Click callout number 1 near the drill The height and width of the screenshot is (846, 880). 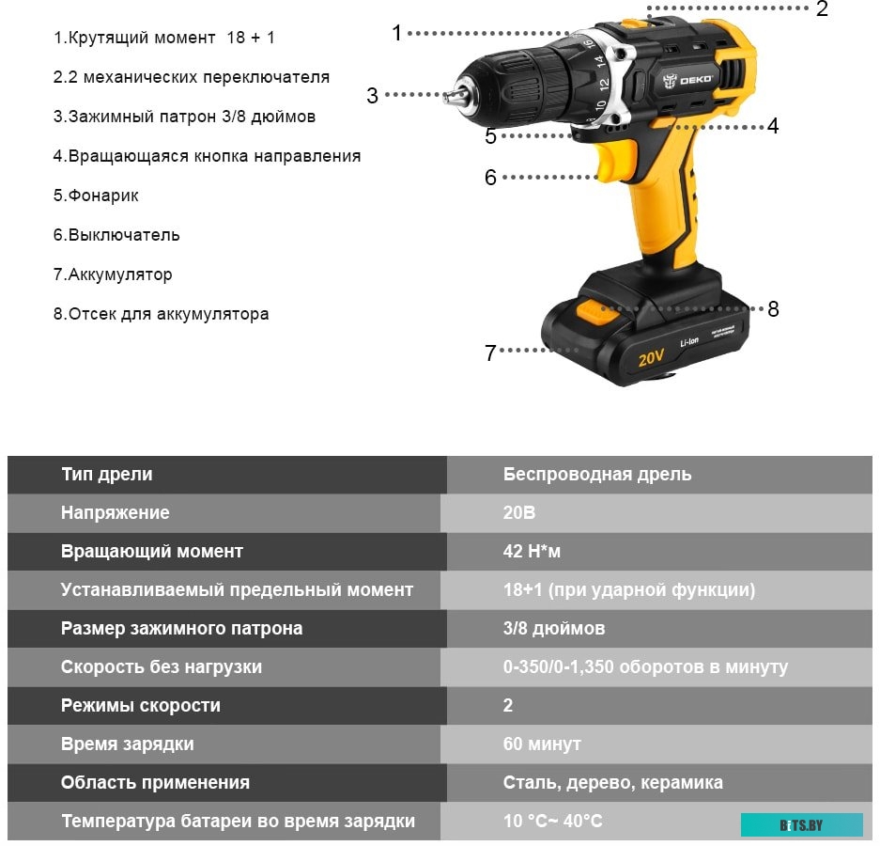coord(396,33)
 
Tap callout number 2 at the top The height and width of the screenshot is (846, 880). coord(822,10)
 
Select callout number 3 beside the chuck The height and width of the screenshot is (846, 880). coord(373,96)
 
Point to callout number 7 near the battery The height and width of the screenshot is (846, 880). coord(490,352)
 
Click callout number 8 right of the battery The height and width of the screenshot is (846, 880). coord(773,309)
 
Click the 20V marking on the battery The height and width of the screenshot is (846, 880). coord(651,357)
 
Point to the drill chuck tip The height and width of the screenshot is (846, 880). coord(453,95)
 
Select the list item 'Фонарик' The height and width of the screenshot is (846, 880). coord(96,196)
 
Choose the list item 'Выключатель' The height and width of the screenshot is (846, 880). coord(116,235)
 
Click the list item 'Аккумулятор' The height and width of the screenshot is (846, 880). coord(113,274)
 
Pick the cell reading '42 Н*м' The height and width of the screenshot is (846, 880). coord(532,552)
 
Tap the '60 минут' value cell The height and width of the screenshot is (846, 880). coord(542,744)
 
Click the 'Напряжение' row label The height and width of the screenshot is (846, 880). coord(116,513)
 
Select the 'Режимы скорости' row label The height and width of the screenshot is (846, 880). coord(141,705)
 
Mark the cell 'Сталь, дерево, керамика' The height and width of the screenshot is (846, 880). coord(612,782)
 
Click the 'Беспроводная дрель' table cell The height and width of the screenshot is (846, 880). coord(597,475)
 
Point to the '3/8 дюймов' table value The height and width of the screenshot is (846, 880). coord(554,628)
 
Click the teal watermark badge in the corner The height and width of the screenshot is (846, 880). coord(801,824)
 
